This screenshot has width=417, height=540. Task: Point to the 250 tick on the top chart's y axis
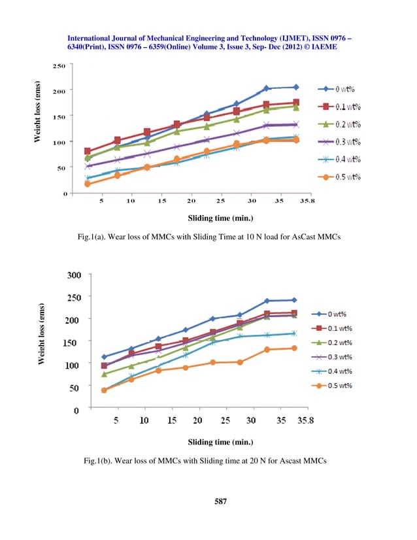point(59,65)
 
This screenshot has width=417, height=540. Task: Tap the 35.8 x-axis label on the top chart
point(305,202)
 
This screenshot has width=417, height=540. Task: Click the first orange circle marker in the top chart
point(88,184)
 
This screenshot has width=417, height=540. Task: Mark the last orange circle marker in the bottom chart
point(294,348)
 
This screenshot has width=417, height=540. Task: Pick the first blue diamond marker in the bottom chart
point(105,357)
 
